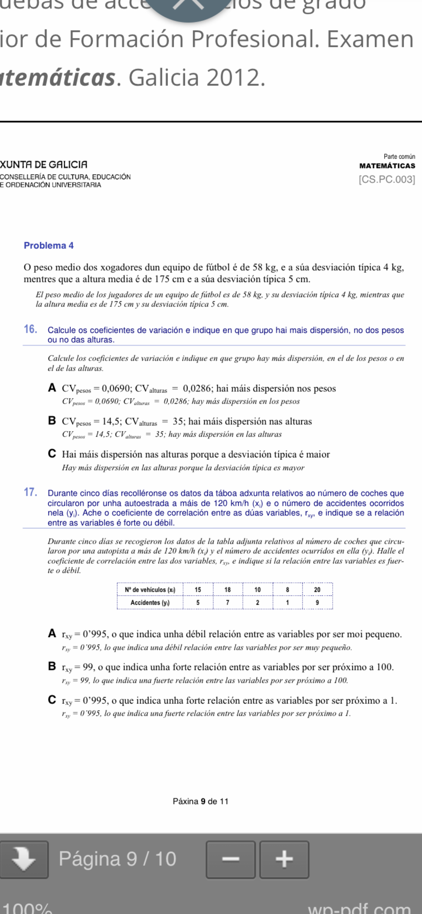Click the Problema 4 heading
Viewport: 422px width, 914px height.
[49, 245]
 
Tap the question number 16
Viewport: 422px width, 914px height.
[30, 329]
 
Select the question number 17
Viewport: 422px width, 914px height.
[30, 492]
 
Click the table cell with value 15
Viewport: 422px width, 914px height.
[198, 589]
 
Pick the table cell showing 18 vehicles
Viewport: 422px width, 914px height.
[228, 589]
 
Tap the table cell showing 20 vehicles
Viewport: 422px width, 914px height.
[317, 589]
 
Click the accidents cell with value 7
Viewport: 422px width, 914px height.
[228, 603]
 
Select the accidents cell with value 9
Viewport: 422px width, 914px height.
[317, 603]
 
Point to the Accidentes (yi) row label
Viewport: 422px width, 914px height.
[150, 603]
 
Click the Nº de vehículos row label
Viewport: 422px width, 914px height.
[150, 589]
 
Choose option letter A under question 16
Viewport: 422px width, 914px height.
[52, 388]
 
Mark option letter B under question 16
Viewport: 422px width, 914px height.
[52, 421]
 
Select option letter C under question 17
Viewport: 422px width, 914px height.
[52, 700]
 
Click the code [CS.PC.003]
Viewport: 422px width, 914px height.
[387, 180]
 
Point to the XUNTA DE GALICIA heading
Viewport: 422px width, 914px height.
[44, 165]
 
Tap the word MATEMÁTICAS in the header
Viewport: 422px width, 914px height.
[387, 166]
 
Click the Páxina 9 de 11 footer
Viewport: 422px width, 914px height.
[200, 801]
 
